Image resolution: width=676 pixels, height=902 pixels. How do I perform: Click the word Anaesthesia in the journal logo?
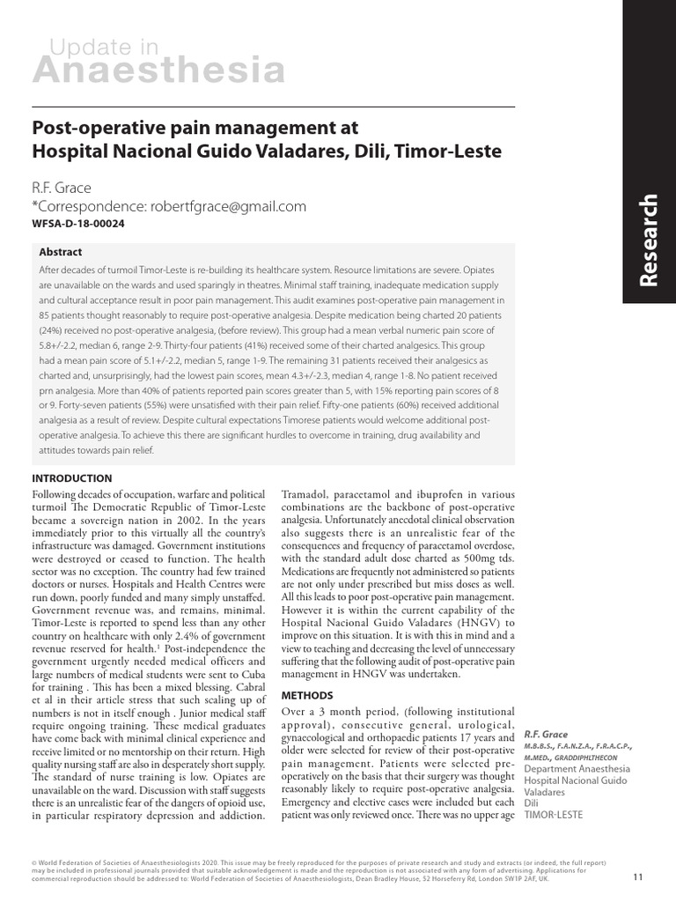click(x=158, y=70)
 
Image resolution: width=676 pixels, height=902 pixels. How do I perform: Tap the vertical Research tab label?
click(x=649, y=239)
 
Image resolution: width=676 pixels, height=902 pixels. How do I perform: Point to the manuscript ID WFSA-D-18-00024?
click(x=78, y=225)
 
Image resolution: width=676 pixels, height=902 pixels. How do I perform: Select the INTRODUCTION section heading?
click(x=71, y=478)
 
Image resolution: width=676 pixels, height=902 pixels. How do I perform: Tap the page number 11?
click(x=638, y=876)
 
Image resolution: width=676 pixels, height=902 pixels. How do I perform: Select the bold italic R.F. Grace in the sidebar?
click(x=546, y=734)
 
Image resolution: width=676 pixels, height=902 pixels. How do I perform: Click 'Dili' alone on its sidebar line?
click(x=533, y=803)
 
